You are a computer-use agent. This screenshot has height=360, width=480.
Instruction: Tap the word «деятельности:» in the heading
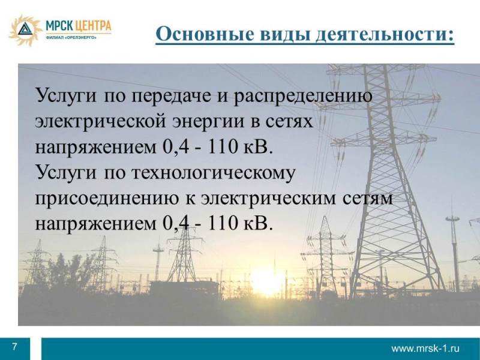click(x=385, y=34)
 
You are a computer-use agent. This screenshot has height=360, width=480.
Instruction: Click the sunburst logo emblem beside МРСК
click(x=25, y=30)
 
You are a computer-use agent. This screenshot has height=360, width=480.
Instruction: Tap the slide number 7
click(x=14, y=347)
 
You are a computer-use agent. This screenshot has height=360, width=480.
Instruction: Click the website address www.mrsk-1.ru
click(x=425, y=349)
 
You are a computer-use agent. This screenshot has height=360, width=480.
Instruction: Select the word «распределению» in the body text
click(x=303, y=95)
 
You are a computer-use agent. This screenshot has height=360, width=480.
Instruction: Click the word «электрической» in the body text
click(x=100, y=121)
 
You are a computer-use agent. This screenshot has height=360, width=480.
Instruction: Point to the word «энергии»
click(x=209, y=122)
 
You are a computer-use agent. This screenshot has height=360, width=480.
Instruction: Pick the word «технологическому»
click(x=214, y=173)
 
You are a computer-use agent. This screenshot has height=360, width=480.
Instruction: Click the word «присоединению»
click(x=107, y=199)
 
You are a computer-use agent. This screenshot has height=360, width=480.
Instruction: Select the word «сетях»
click(x=289, y=122)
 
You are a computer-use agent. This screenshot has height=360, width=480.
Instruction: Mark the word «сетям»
click(x=367, y=199)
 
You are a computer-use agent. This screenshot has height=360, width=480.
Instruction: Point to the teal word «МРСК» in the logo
click(x=59, y=26)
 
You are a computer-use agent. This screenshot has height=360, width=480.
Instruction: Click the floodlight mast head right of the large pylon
click(x=452, y=218)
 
